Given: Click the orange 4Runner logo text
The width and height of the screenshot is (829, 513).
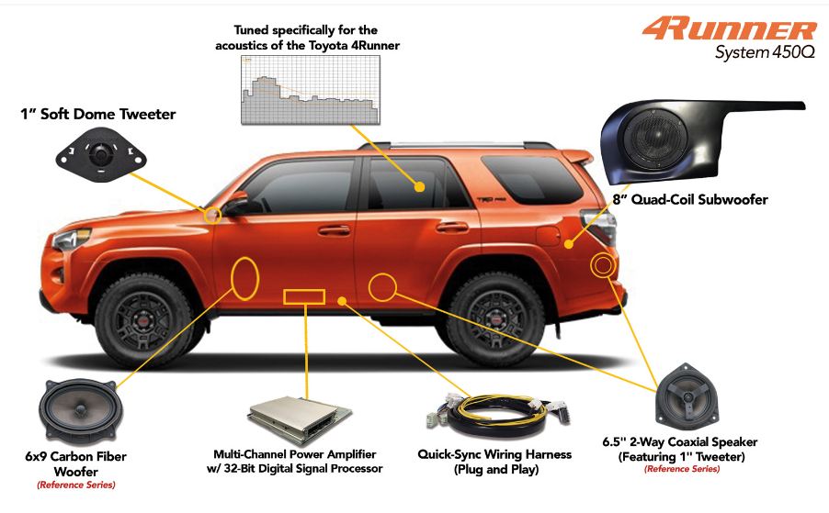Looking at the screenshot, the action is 730,29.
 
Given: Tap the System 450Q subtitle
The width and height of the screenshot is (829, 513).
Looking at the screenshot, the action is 765,52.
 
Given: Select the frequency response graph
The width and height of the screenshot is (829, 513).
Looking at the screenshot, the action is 311,90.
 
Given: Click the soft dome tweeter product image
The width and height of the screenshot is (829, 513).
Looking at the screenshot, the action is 101,155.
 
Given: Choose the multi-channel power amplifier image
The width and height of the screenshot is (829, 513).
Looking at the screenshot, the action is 300,420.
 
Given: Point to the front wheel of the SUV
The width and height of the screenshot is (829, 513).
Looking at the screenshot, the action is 143,320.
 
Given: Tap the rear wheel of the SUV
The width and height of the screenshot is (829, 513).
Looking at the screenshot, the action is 496,318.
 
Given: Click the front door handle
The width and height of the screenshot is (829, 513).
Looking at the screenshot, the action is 335,230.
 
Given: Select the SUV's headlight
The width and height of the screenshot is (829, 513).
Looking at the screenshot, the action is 72,240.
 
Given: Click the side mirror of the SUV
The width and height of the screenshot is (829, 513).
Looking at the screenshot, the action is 236,203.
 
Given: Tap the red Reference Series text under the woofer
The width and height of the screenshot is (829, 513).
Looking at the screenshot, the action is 76,485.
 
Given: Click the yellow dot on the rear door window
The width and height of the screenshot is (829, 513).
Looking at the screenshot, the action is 420,187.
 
